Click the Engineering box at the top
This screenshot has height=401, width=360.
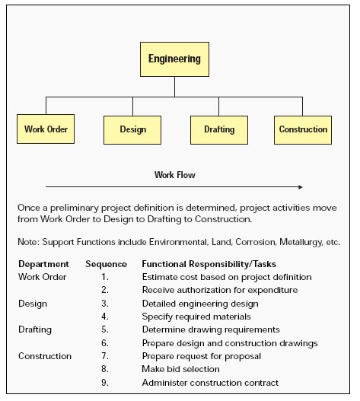click(174, 59)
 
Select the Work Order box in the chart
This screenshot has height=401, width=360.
click(46, 129)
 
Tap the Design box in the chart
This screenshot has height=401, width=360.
click(132, 130)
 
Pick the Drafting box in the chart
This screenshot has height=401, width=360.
click(219, 130)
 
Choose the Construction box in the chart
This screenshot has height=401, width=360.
click(303, 130)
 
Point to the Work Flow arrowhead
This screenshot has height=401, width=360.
click(301, 187)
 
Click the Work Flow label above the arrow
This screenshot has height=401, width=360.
click(175, 175)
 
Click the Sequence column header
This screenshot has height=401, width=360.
click(107, 264)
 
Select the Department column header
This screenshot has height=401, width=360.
click(43, 264)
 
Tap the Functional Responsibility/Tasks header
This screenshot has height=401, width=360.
click(209, 264)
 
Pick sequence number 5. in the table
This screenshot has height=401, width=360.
click(105, 329)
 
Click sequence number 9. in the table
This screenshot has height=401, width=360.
click(105, 383)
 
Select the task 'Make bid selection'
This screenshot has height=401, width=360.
click(180, 369)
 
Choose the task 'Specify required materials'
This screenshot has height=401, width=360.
click(196, 317)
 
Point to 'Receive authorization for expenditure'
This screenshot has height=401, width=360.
click(220, 290)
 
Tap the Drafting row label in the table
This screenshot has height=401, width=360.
click(35, 329)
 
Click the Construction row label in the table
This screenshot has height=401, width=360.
click(45, 356)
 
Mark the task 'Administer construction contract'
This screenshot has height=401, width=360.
click(210, 383)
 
